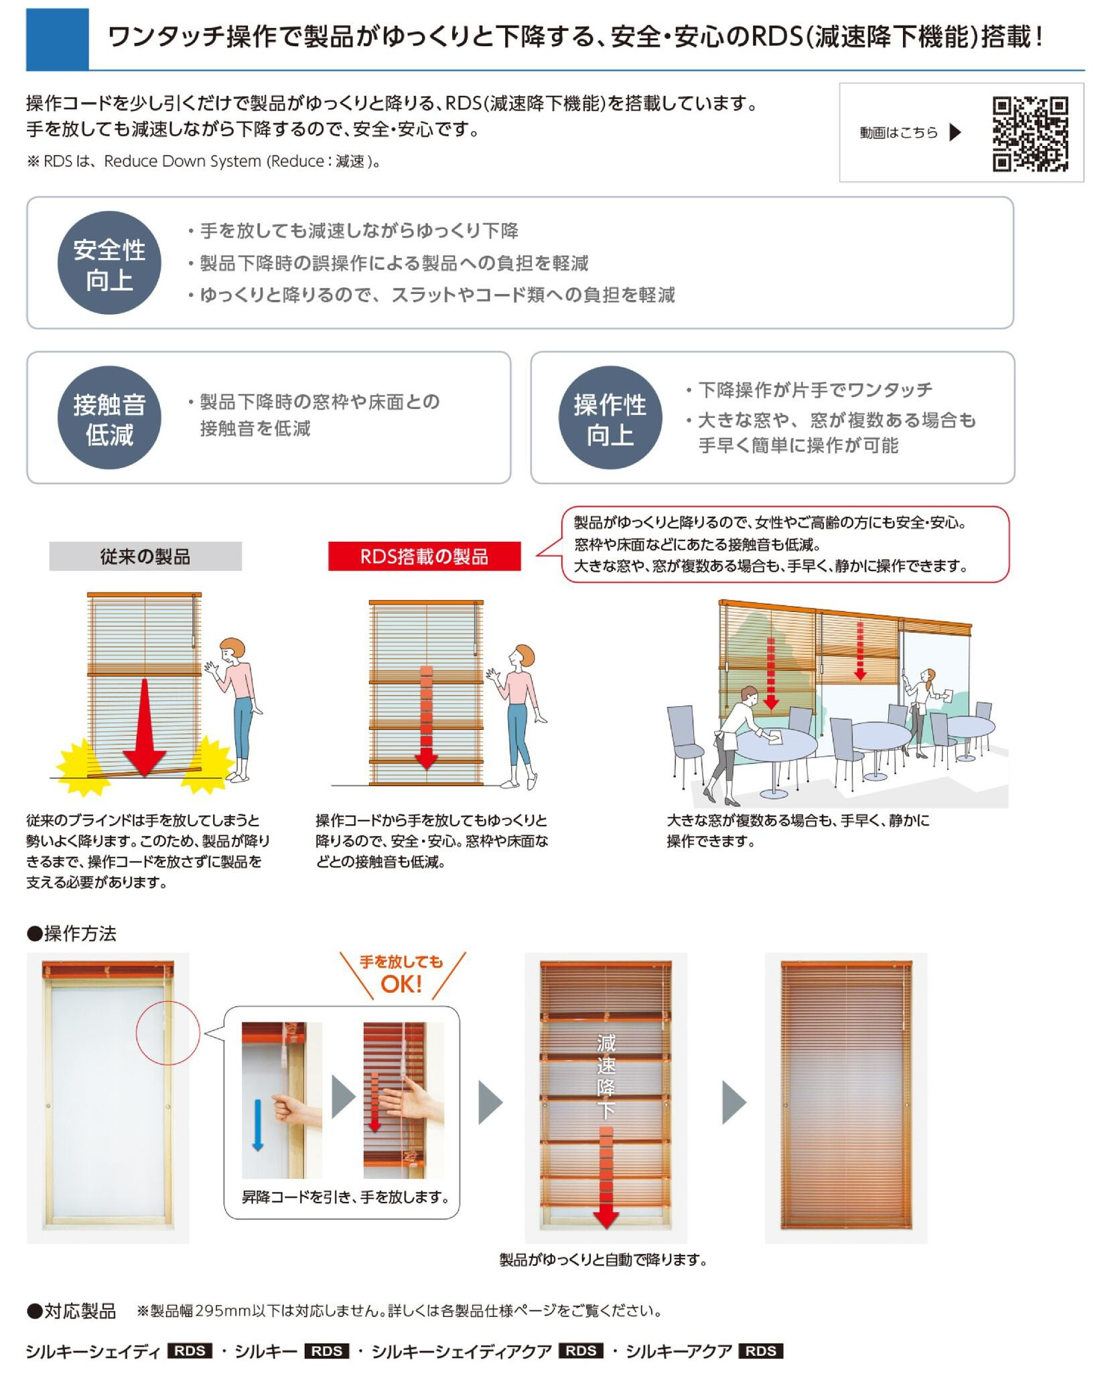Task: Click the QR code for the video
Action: (x=1030, y=134)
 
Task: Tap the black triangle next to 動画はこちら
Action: (x=955, y=133)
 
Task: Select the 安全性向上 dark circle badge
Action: (x=109, y=263)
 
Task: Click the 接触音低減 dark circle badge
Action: (x=109, y=418)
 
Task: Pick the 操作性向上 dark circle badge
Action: (x=610, y=418)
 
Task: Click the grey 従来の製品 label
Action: (x=145, y=556)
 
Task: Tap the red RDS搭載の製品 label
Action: (x=424, y=556)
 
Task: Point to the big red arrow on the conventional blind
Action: (x=145, y=726)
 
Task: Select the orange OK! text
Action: (x=401, y=984)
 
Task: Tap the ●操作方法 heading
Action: (x=72, y=933)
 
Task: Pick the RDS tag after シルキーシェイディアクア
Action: (x=581, y=1351)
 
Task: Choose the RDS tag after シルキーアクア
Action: (x=760, y=1351)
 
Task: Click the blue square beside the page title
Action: (x=58, y=39)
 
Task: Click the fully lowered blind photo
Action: (x=846, y=1097)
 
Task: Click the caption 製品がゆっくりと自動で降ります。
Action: (x=603, y=1261)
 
